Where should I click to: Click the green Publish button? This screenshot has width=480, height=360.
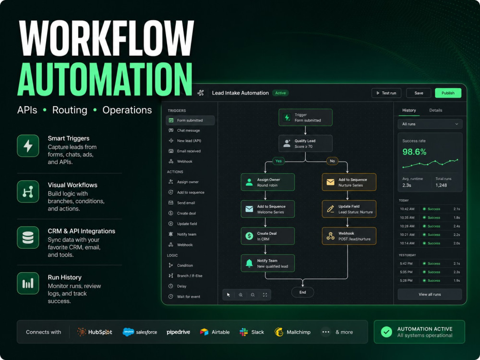coord(448,93)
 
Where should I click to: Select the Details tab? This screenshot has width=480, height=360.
coord(436,110)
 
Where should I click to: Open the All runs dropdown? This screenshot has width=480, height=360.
coord(430,124)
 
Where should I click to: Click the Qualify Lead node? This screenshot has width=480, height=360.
coord(305,143)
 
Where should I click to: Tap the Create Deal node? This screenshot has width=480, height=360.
coord(267,236)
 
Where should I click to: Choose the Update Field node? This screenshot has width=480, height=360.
coord(349,209)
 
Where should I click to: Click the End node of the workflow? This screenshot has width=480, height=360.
coord(302,292)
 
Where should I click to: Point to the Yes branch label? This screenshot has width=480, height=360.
coord(278,161)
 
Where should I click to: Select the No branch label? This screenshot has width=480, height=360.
coord(332,161)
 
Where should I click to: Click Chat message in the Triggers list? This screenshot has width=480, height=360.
coord(188,131)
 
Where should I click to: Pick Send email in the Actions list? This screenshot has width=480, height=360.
coord(186,203)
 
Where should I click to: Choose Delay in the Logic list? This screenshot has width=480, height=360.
coord(181,286)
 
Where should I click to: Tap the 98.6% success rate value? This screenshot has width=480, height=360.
coord(414,152)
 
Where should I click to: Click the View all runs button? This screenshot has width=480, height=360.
coord(430,295)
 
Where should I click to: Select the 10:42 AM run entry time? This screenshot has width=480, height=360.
coord(407,209)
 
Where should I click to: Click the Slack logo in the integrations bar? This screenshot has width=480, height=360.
coord(244,332)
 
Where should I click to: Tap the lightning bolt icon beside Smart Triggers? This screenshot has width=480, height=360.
coord(28,146)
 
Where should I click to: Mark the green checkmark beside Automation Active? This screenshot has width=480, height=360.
coord(386,332)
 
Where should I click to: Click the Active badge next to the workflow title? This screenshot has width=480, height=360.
coord(280,93)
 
